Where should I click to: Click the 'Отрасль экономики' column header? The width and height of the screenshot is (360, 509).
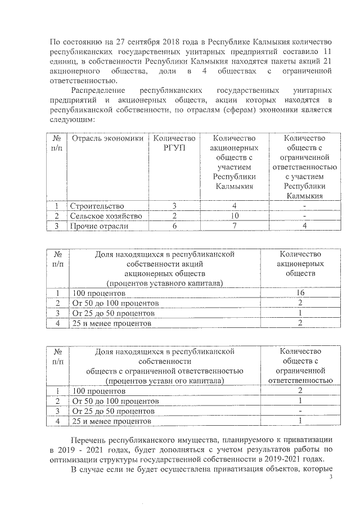click(x=104, y=138)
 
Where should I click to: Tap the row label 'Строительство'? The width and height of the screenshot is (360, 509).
click(x=97, y=206)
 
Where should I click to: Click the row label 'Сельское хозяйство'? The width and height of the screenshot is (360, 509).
click(x=106, y=216)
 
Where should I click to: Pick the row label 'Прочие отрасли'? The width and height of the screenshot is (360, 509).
click(x=99, y=226)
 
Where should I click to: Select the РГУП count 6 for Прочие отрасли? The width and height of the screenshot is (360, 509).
click(x=174, y=226)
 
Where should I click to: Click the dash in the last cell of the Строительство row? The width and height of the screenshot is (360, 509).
click(x=304, y=206)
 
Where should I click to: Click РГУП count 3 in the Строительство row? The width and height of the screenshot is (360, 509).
click(x=174, y=206)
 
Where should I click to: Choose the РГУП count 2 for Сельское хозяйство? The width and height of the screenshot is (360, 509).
click(x=174, y=216)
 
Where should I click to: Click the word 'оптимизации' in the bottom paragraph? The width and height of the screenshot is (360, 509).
click(x=73, y=459)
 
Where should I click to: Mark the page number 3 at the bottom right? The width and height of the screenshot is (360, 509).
click(x=332, y=478)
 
